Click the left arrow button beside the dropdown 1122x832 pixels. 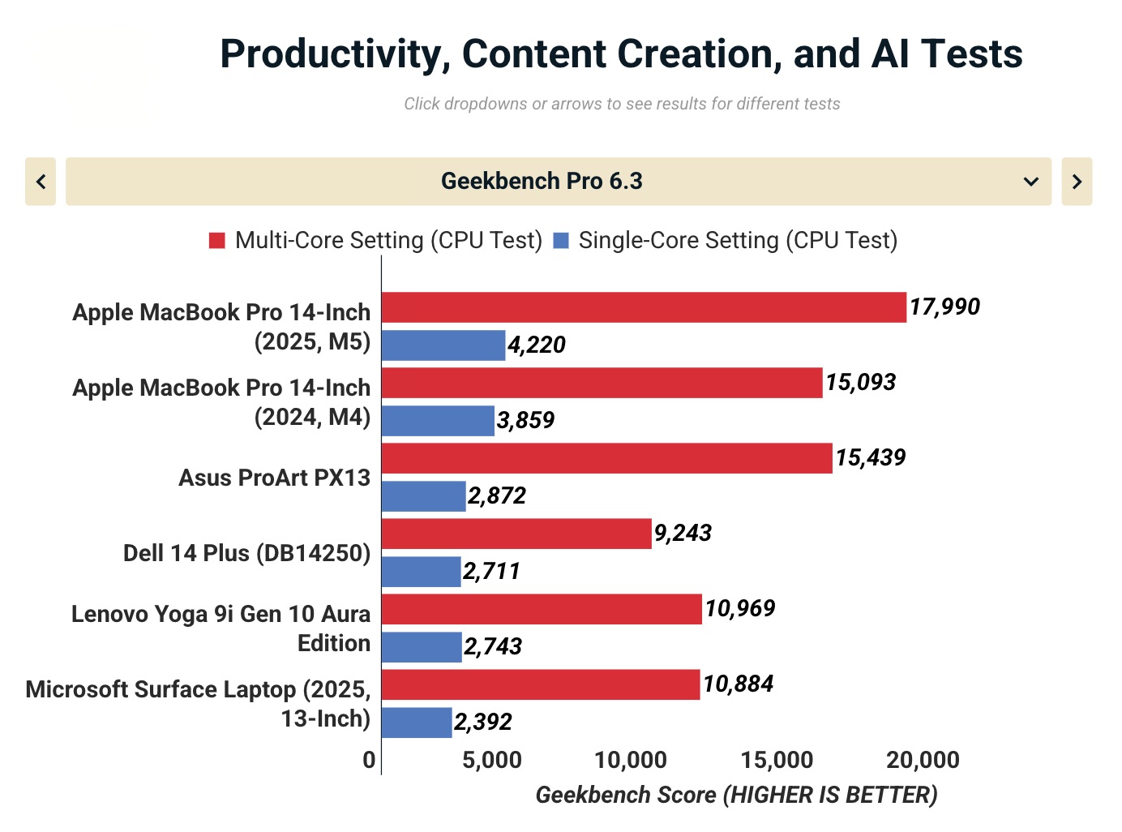(x=41, y=181)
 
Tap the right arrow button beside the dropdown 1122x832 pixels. (x=1077, y=181)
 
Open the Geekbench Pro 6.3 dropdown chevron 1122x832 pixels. (x=1030, y=181)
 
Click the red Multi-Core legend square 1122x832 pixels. (x=216, y=241)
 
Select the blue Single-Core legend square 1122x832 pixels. (x=561, y=241)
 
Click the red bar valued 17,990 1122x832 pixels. (x=644, y=307)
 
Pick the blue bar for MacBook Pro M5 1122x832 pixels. (x=443, y=345)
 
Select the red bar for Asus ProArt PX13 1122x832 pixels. (x=606, y=458)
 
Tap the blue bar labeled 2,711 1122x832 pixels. (x=421, y=572)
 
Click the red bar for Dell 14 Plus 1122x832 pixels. (x=516, y=534)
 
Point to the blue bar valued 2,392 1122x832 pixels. (x=417, y=723)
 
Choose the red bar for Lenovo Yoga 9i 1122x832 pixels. (x=542, y=609)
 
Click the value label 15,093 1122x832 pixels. (x=860, y=382)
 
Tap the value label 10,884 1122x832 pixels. (x=738, y=684)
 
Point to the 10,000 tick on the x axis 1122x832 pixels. (x=631, y=760)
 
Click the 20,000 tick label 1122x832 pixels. (x=923, y=760)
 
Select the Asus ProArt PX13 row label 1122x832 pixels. (x=274, y=478)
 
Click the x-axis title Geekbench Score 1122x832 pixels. (x=736, y=795)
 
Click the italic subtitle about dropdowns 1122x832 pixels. (x=622, y=104)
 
